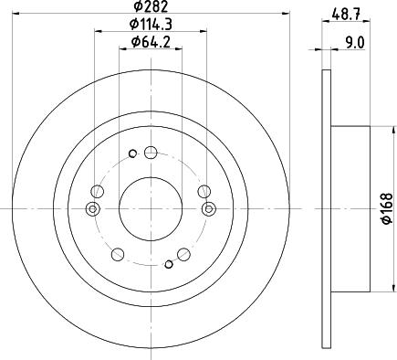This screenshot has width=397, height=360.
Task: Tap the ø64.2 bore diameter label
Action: (x=150, y=41)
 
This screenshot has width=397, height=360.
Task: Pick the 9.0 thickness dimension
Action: (x=355, y=41)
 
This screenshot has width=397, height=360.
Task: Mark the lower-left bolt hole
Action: (x=118, y=253)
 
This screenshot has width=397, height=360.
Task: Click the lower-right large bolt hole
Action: (x=183, y=253)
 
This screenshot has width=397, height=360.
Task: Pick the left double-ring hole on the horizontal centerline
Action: (x=91, y=209)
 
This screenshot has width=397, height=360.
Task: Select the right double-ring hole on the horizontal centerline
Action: (x=209, y=209)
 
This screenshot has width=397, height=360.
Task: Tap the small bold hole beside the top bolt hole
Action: (x=132, y=153)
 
